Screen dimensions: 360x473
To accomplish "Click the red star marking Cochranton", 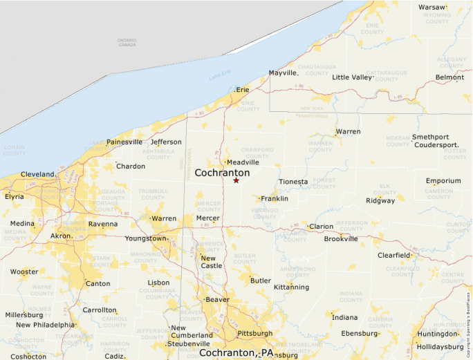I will (x=236, y=180).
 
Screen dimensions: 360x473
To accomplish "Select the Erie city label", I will (x=242, y=90).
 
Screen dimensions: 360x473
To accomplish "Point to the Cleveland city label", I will (x=37, y=174).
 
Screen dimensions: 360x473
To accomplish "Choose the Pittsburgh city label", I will (x=254, y=334).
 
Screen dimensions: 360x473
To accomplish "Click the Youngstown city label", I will (x=146, y=239).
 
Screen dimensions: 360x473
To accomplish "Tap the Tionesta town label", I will (x=293, y=182).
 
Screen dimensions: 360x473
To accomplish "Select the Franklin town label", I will (x=275, y=199).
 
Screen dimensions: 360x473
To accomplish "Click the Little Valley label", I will (x=352, y=77).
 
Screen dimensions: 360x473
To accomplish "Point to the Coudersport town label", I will (x=436, y=146).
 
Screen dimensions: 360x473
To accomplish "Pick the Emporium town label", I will (x=443, y=181).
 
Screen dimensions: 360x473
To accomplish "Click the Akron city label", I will (x=61, y=236).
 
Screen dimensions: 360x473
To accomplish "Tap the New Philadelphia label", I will (x=45, y=325).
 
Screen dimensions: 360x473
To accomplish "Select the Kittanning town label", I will (x=291, y=287).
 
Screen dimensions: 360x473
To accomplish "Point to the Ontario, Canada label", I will (x=127, y=42).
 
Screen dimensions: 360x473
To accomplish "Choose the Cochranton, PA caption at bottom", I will (x=236, y=352).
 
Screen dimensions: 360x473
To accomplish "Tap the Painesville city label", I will (x=124, y=142).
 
